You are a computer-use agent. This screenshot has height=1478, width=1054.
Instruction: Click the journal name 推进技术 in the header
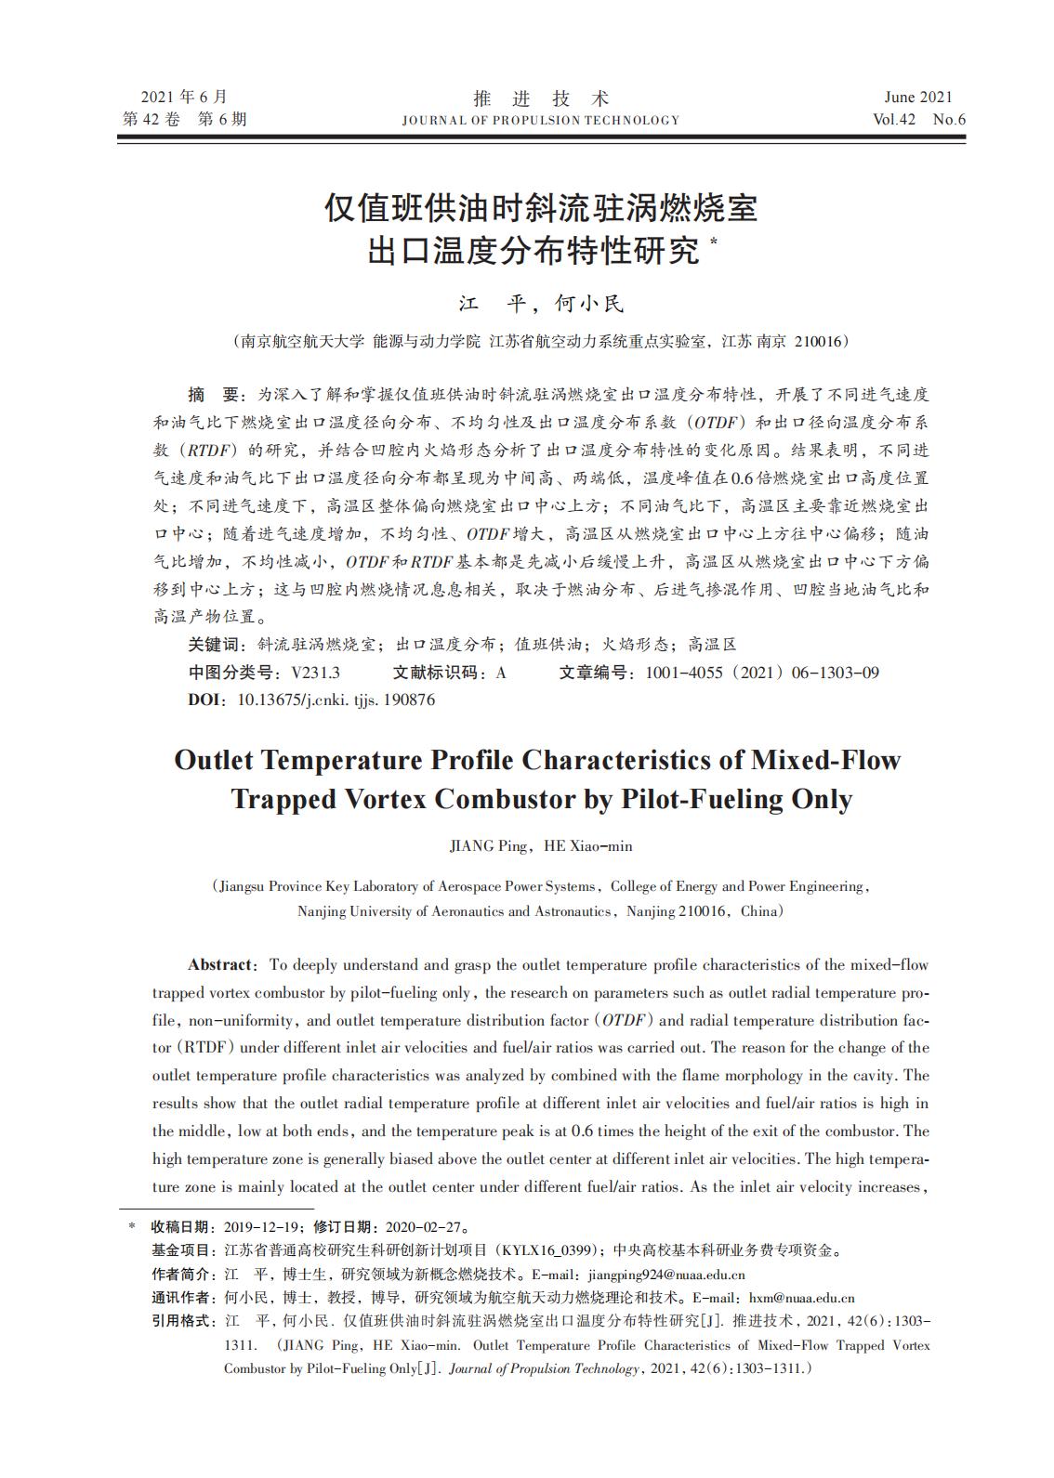pos(540,98)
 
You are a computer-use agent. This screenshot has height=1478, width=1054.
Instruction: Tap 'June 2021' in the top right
pos(918,98)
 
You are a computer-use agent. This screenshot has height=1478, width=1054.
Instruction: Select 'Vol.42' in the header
pos(894,120)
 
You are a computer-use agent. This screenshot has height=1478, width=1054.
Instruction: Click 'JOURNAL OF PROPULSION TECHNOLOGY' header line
pos(540,120)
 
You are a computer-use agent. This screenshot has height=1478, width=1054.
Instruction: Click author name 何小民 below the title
pos(589,304)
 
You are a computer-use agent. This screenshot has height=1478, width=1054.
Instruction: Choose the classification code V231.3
pos(315,673)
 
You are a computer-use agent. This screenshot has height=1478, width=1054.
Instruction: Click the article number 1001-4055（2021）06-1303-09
pos(761,673)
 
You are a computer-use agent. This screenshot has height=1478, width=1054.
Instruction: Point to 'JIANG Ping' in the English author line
pos(487,846)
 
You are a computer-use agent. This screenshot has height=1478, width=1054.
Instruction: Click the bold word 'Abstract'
pos(219,964)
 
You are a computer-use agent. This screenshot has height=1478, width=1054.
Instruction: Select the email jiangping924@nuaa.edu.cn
pos(666,1275)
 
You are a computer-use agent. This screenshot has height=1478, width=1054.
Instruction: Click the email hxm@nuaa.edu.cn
pos(801,1298)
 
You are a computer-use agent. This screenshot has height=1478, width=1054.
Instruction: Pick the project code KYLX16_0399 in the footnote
pos(549,1250)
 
